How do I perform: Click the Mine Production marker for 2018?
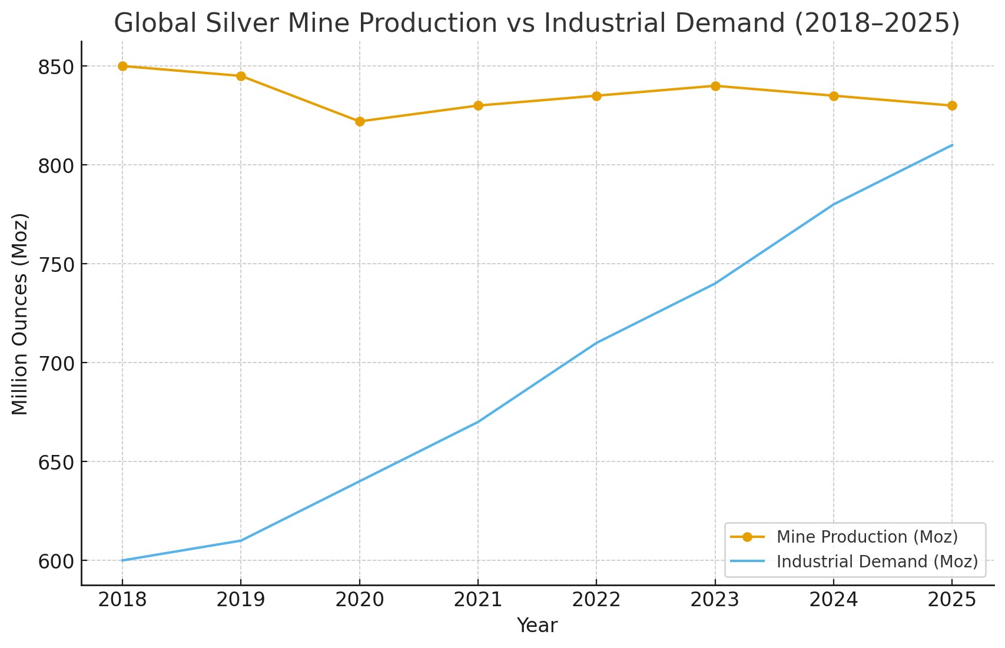(x=122, y=66)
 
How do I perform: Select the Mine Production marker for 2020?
(x=360, y=121)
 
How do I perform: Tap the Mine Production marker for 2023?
(x=715, y=86)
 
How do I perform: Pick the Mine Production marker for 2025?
(x=952, y=105)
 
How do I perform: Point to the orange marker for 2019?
(x=241, y=76)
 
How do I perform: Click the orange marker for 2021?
(x=478, y=105)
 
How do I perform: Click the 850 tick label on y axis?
(x=55, y=67)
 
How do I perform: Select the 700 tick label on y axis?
(x=55, y=363)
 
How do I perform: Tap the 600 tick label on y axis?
(x=55, y=561)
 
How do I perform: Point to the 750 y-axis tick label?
(x=55, y=264)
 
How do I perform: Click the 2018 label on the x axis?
(x=122, y=600)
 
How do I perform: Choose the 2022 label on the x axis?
(x=596, y=600)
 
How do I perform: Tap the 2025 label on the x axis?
(x=952, y=600)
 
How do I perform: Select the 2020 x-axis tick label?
(x=360, y=600)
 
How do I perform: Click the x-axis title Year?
(x=537, y=626)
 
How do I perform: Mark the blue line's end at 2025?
(x=952, y=145)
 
